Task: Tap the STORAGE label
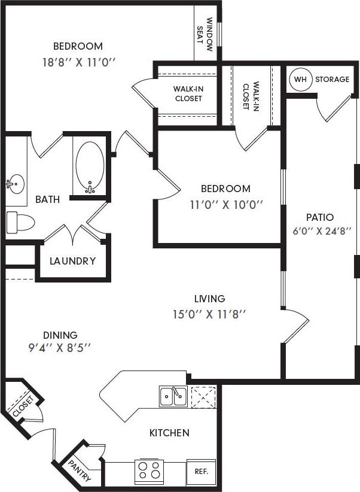click(332, 79)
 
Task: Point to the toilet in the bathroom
click(19, 221)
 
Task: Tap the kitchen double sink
click(172, 396)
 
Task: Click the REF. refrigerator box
click(201, 471)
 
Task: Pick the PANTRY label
click(80, 470)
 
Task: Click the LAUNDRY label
click(72, 261)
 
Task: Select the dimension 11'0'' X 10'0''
click(218, 204)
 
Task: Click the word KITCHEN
click(170, 433)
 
